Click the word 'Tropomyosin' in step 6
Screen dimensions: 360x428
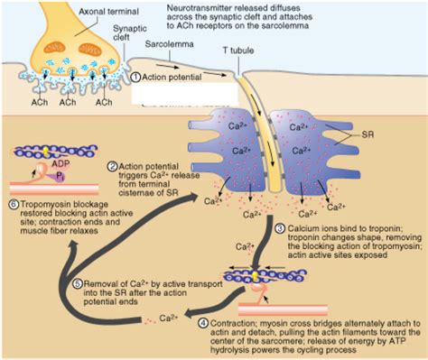(43, 204)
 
